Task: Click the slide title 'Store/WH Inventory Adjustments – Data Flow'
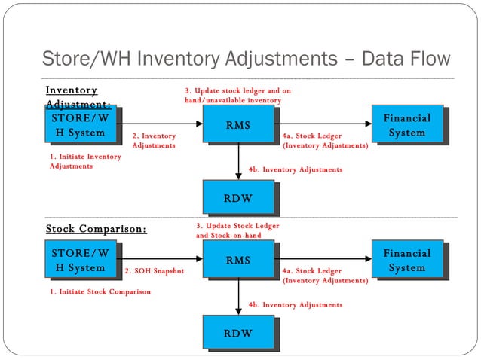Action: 245,59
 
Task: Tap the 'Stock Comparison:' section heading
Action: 96,229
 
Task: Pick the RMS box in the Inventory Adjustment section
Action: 237,124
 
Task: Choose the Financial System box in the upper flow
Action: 406,125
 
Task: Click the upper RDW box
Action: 237,197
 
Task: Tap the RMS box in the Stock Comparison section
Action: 237,260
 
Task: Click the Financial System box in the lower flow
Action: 406,260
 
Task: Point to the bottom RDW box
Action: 237,332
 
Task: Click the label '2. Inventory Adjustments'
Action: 154,141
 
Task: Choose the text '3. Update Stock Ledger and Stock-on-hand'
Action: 238,230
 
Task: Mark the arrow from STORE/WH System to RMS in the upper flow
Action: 163,124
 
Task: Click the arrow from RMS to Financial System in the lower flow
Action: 324,259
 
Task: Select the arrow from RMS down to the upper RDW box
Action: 238,160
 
